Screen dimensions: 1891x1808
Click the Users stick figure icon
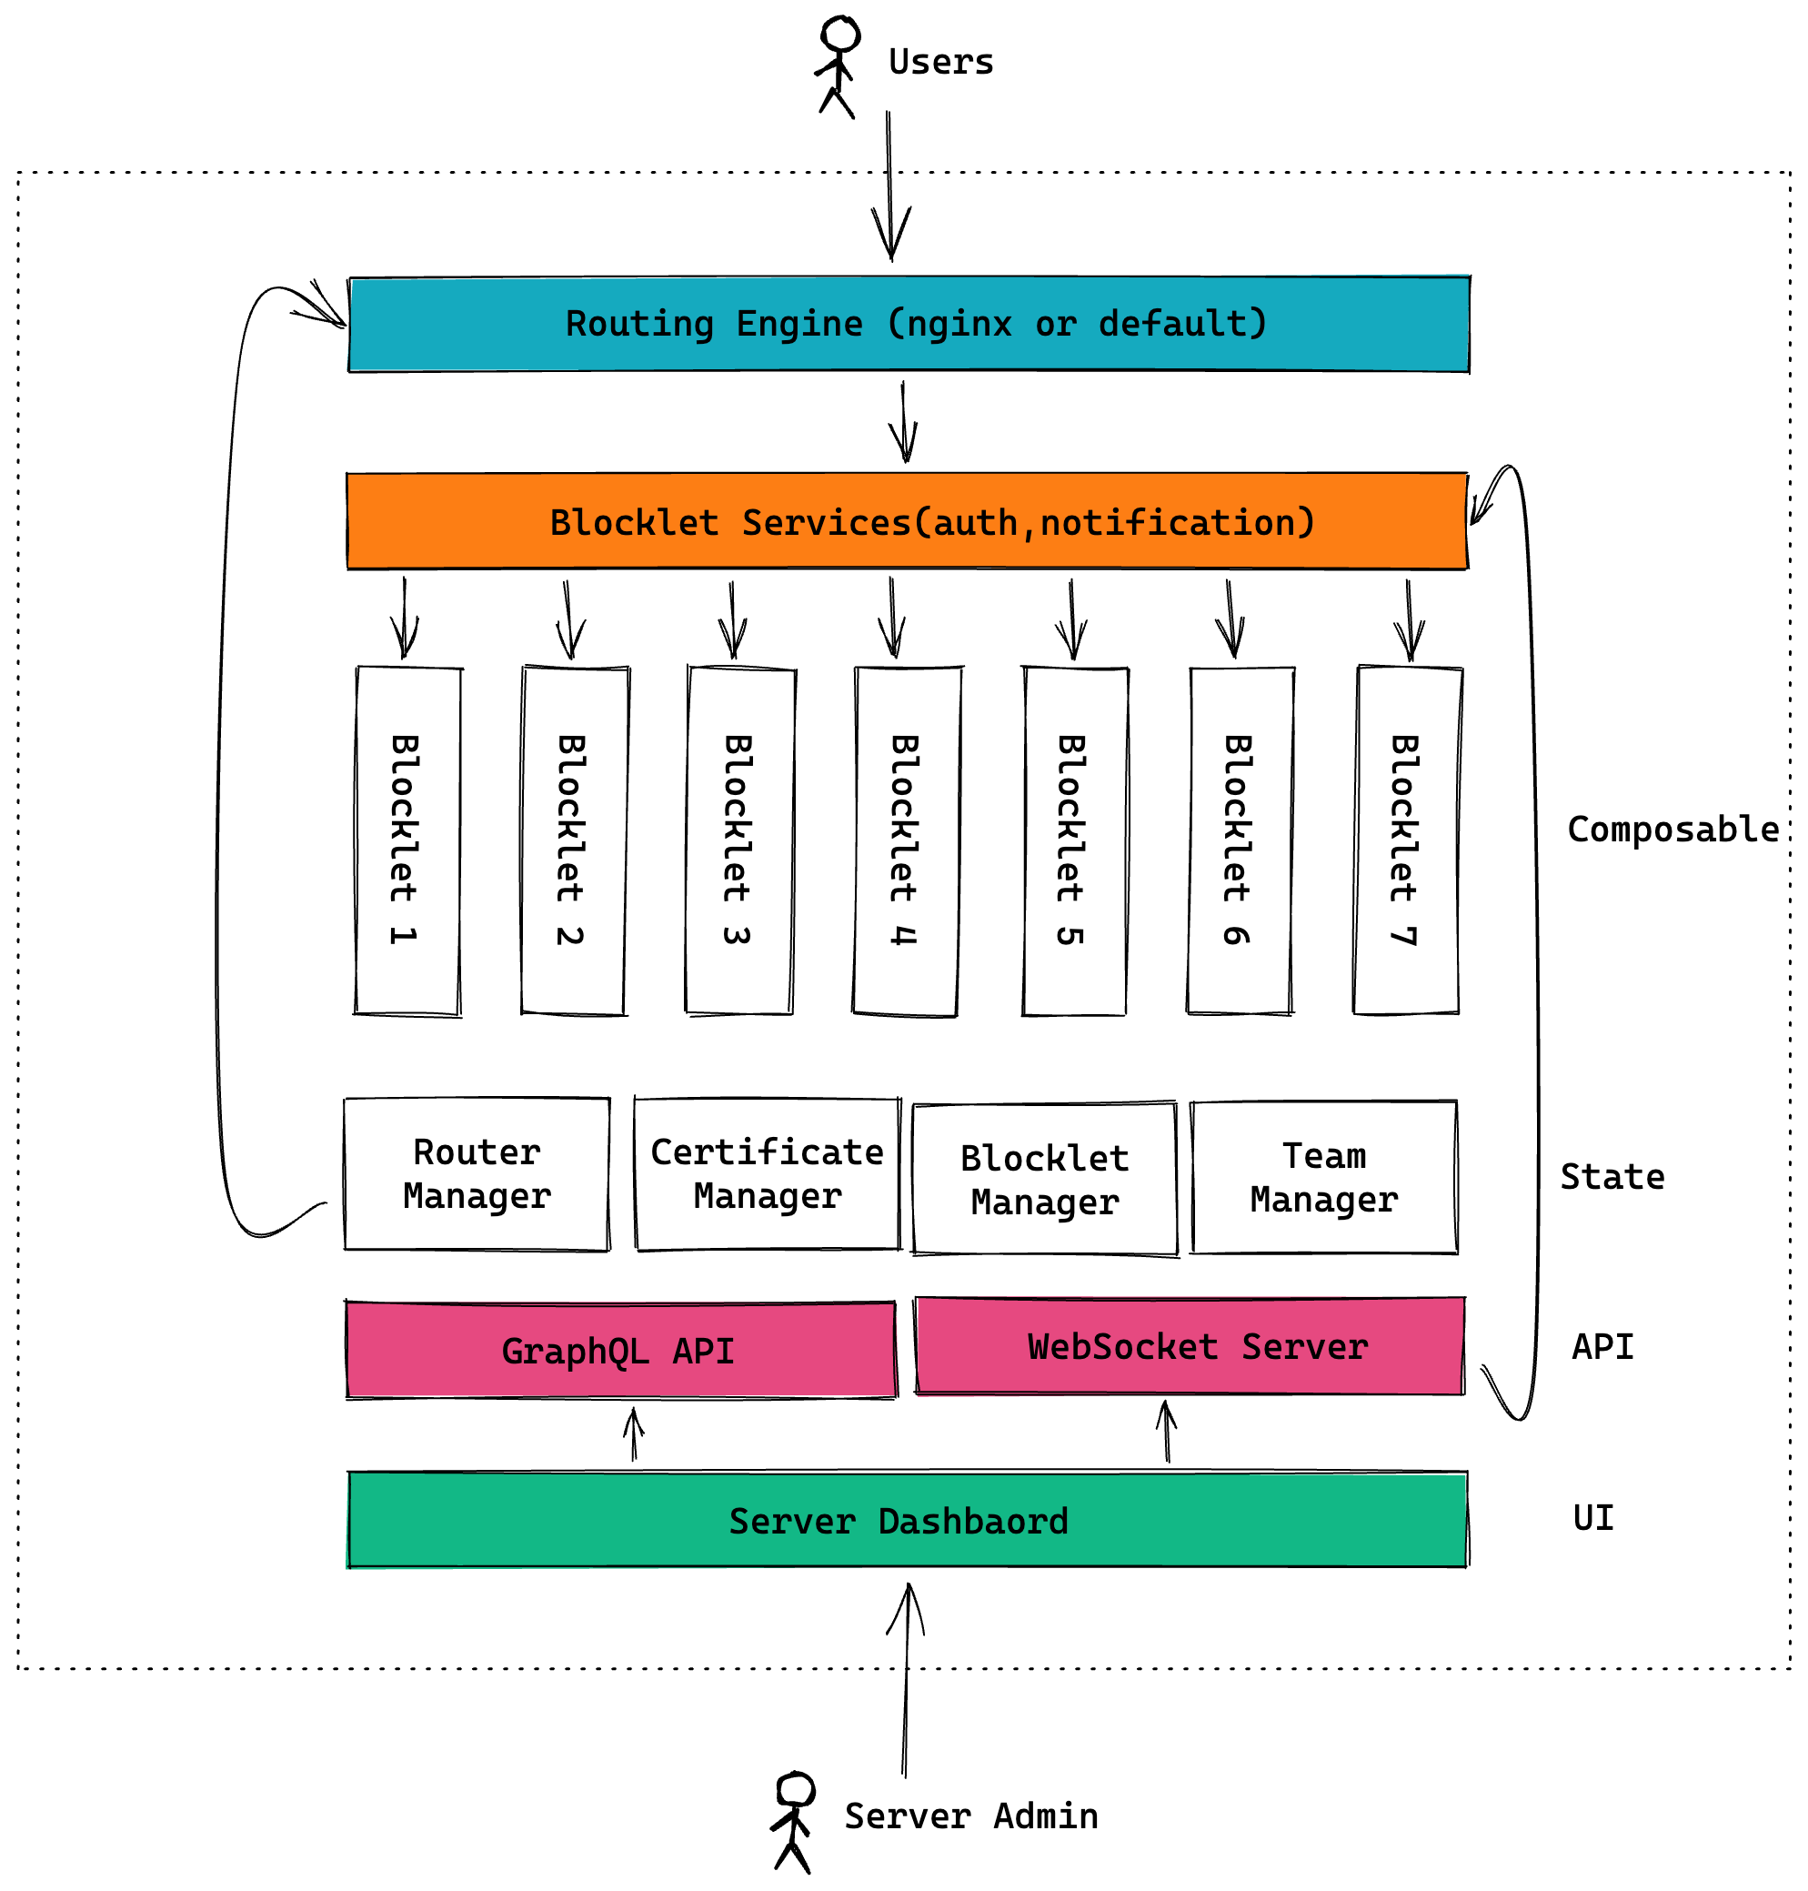(x=837, y=65)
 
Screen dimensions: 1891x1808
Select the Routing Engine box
(x=908, y=324)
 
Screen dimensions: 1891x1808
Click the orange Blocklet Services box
(x=906, y=521)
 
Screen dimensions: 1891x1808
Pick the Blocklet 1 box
(x=407, y=840)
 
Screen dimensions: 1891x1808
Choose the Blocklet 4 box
(x=906, y=840)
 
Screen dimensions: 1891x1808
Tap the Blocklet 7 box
(x=1406, y=840)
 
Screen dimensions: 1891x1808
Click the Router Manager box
(x=477, y=1174)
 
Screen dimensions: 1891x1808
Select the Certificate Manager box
(x=768, y=1174)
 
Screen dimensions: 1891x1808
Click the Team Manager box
(x=1324, y=1177)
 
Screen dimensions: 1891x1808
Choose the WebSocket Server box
(x=1190, y=1346)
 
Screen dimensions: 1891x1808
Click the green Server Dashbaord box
(x=906, y=1520)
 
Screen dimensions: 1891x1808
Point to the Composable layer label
(x=1672, y=830)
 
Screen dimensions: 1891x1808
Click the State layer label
(x=1612, y=1177)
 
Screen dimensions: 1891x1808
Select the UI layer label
(x=1592, y=1518)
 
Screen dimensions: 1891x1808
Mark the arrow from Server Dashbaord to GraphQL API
(x=633, y=1435)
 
